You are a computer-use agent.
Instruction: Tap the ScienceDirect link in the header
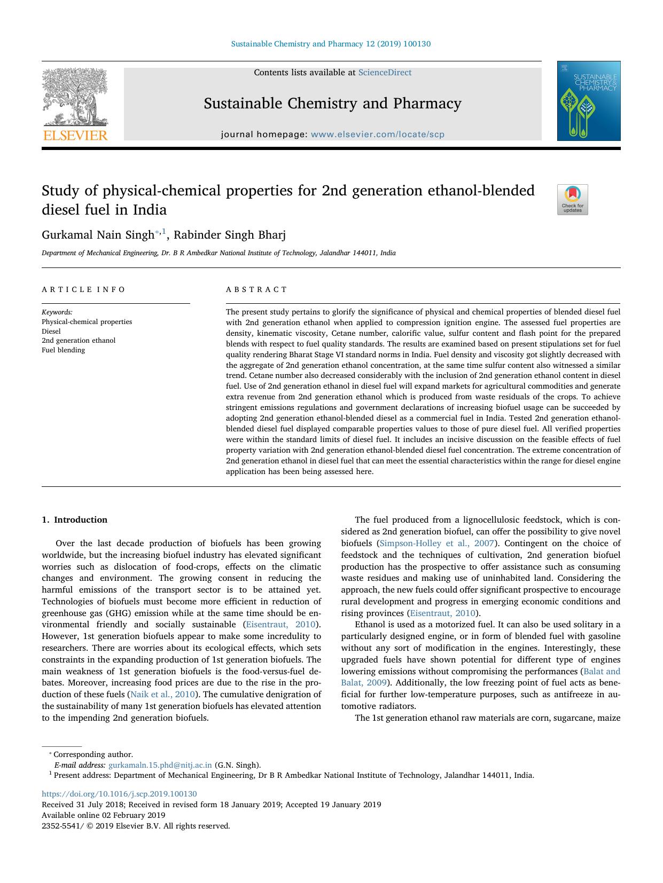[385, 73]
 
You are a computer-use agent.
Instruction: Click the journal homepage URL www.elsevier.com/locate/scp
[377, 135]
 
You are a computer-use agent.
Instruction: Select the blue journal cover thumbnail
[588, 101]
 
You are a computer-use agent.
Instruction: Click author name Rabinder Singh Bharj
[230, 235]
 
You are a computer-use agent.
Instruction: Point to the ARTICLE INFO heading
[83, 289]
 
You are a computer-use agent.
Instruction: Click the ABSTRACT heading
[256, 289]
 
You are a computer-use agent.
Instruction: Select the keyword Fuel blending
[63, 350]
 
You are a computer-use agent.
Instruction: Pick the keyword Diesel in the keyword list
[51, 331]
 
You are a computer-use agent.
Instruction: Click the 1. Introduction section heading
[74, 519]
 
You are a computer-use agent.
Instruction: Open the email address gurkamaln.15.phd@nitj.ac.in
[160, 765]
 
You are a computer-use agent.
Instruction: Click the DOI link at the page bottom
[119, 794]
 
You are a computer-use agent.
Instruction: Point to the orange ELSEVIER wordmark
[75, 136]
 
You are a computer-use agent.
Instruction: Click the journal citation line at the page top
[331, 44]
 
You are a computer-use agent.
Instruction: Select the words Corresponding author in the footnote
[93, 754]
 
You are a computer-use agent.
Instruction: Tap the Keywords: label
[57, 312]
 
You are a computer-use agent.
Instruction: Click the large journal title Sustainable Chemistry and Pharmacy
[332, 104]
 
